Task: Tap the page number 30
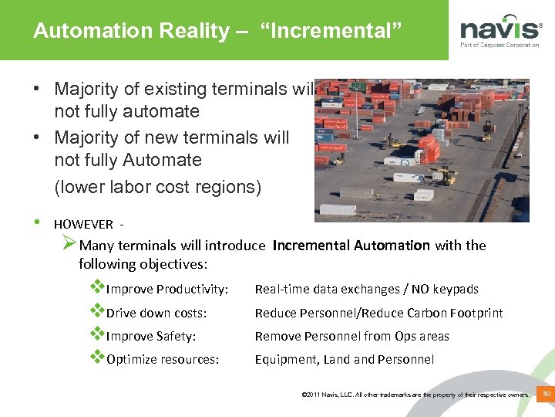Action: tap(546, 395)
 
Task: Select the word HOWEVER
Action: tap(82, 225)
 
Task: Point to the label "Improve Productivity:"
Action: tap(167, 290)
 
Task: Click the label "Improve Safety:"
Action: tap(151, 336)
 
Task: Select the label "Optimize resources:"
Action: tap(163, 359)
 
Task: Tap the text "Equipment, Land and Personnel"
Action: tap(345, 359)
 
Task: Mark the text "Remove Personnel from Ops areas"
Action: tap(352, 336)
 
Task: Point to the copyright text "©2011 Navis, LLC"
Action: tap(332, 395)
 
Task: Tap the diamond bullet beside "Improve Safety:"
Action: tap(97, 335)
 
